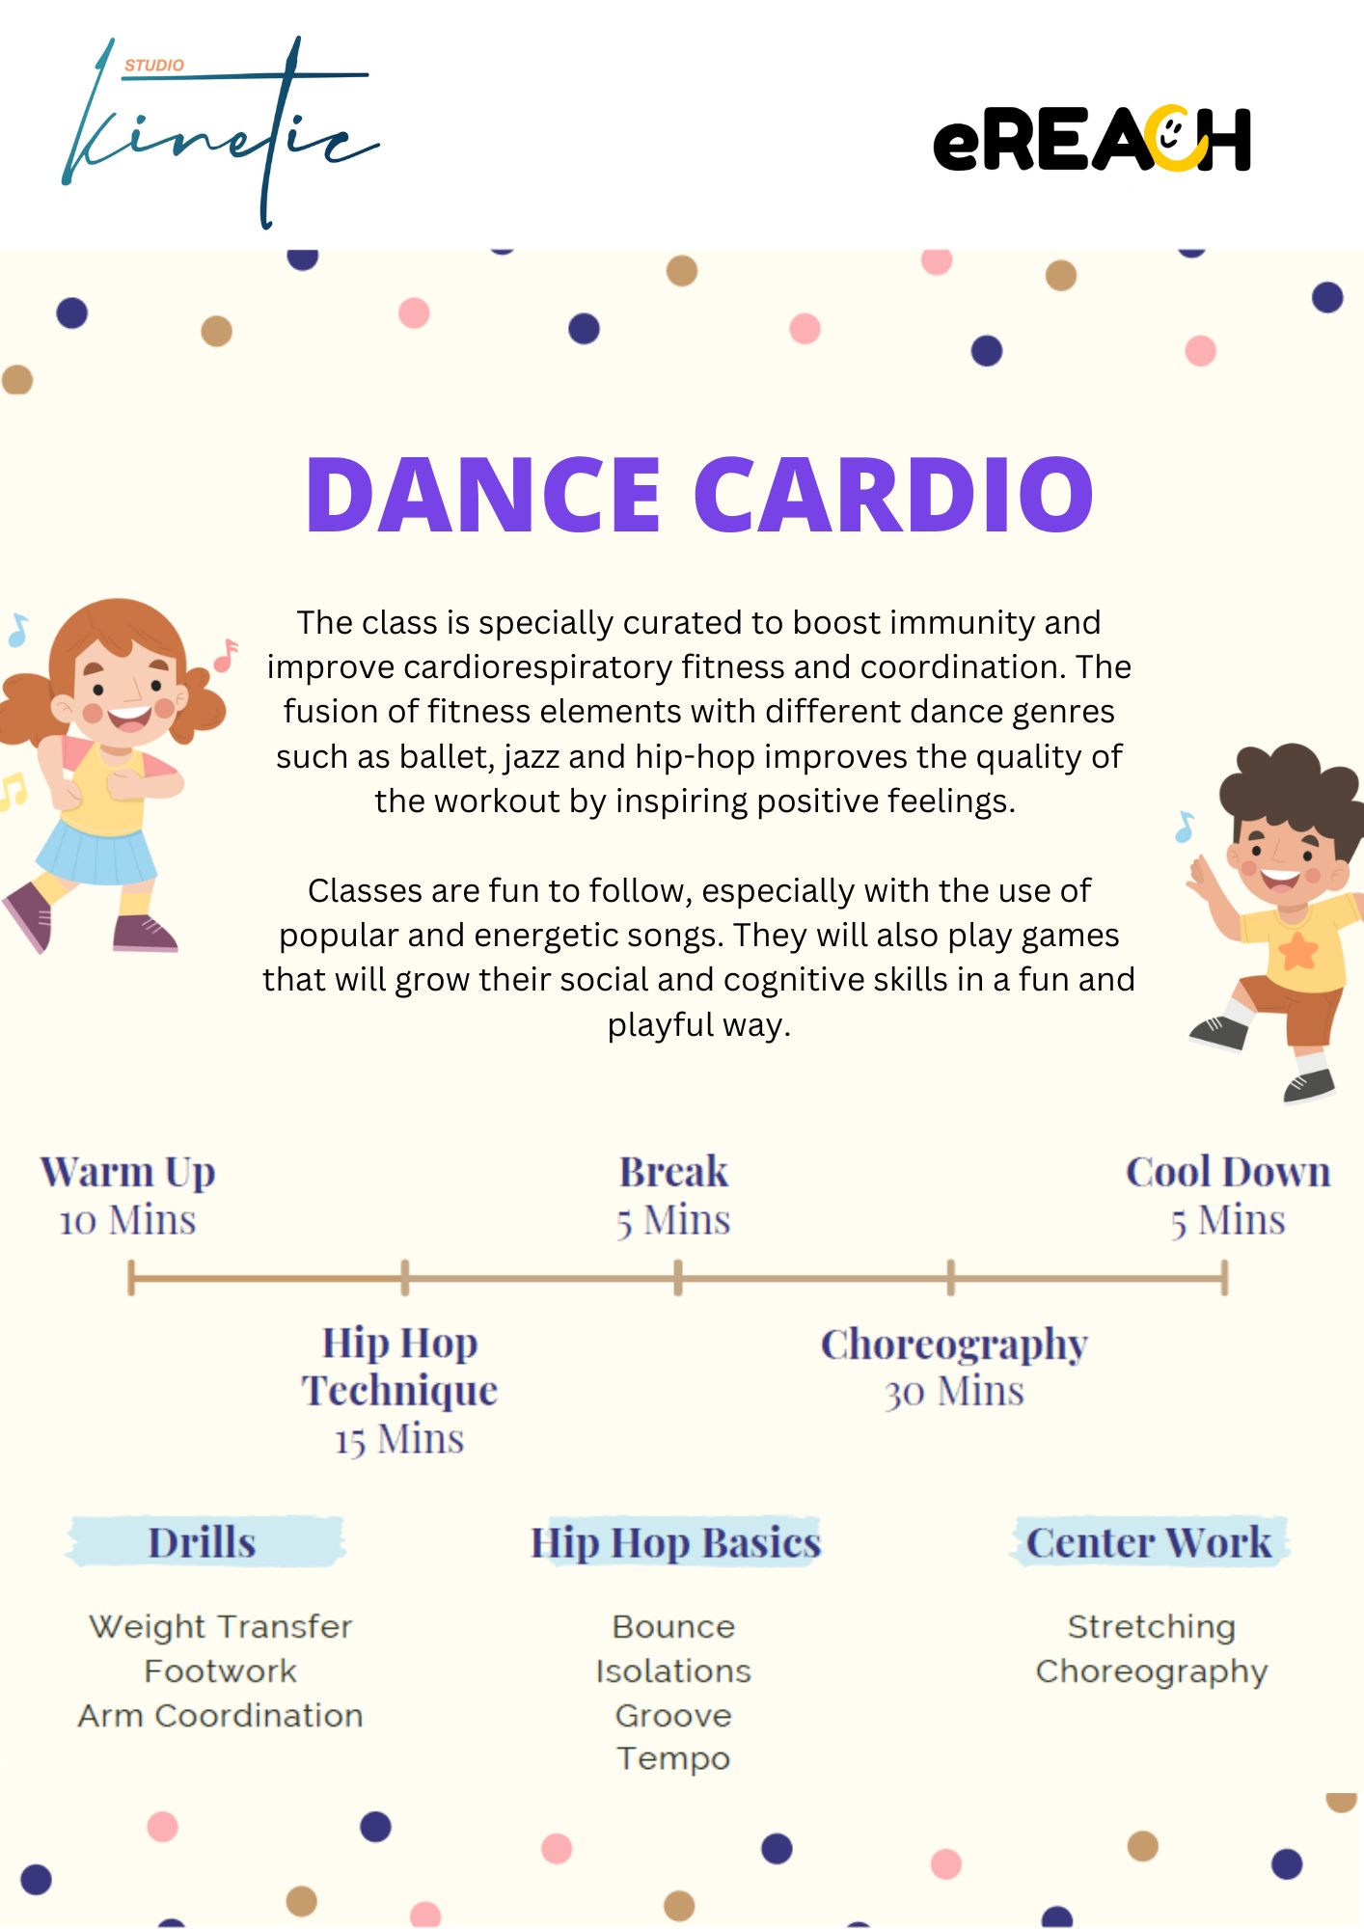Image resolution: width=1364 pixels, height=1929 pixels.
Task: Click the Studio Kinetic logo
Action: click(220, 132)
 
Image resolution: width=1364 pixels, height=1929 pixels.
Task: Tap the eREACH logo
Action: click(1092, 139)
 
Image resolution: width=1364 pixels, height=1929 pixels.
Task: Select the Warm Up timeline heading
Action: click(127, 1173)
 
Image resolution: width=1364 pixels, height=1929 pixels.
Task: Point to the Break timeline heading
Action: click(673, 1172)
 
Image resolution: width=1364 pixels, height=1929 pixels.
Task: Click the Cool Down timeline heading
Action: click(1228, 1172)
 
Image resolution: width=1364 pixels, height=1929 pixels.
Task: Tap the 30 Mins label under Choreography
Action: click(954, 1392)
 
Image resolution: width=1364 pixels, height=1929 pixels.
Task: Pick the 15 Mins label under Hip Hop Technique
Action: click(399, 1440)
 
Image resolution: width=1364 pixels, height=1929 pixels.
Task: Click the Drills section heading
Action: click(202, 1542)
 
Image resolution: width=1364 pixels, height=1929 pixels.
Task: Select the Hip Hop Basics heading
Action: click(675, 1542)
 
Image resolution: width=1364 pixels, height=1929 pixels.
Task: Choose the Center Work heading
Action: click(1149, 1542)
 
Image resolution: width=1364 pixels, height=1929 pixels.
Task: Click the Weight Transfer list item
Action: click(221, 1627)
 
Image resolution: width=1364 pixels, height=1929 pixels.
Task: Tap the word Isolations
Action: click(673, 1671)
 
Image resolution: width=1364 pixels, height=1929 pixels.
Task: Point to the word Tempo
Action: click(673, 1759)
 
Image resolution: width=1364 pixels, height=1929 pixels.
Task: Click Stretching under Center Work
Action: click(1151, 1627)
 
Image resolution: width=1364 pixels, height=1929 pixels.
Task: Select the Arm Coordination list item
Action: click(221, 1716)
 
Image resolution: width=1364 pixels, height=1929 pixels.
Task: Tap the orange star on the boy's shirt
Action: click(1298, 950)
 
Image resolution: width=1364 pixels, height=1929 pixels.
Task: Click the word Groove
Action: click(673, 1716)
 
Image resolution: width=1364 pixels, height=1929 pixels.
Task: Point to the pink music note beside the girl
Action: click(226, 655)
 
